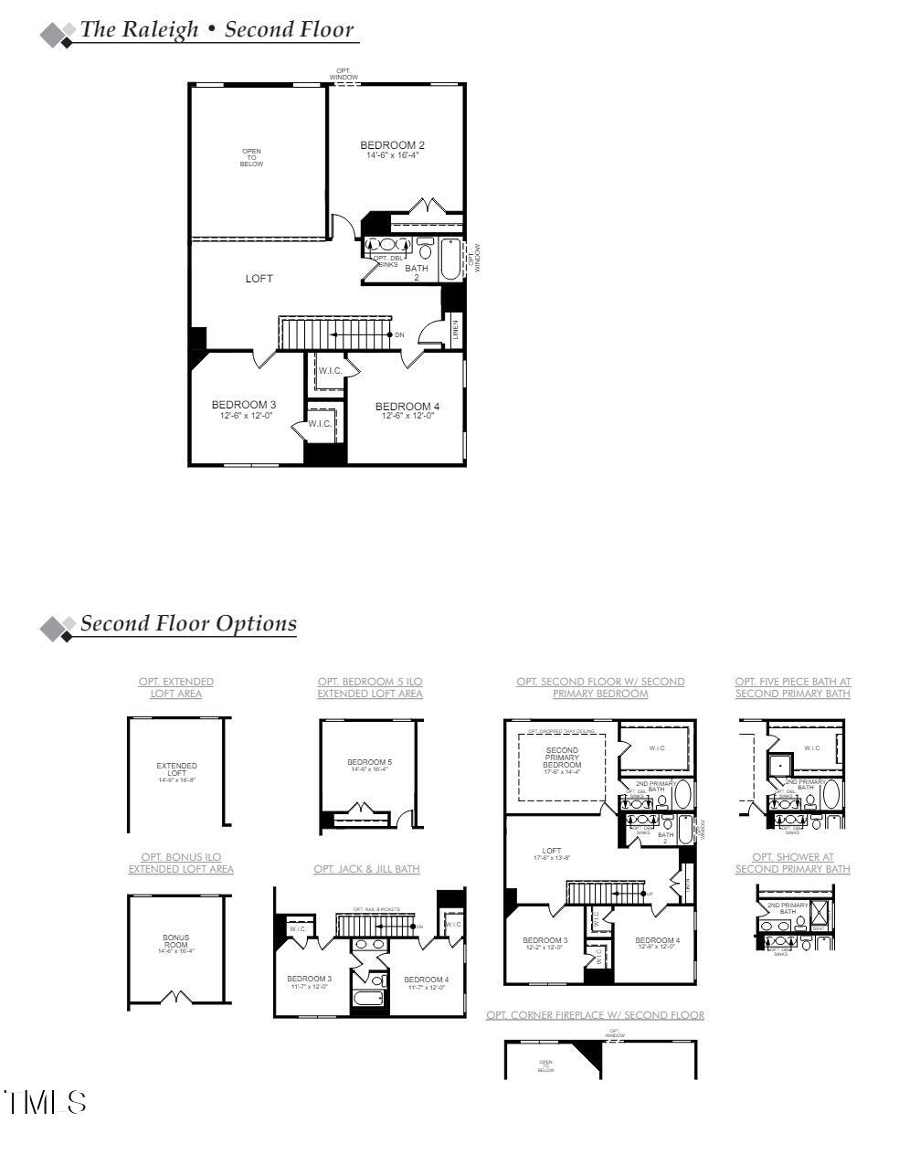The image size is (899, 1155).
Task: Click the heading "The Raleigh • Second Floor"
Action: coord(217,29)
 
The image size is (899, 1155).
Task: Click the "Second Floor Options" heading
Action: coord(188,624)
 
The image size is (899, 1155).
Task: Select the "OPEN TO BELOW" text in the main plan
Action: coord(251,158)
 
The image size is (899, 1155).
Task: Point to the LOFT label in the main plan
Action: coord(259,279)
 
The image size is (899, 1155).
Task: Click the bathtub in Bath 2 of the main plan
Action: coord(451,260)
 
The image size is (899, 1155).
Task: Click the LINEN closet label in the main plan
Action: coord(455,330)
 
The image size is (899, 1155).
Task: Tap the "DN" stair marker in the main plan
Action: coord(399,335)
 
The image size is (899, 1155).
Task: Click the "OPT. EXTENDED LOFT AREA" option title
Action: coord(176,688)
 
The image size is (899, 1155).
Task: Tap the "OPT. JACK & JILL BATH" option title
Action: coord(366,869)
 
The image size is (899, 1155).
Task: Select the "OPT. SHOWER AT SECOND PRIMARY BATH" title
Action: coord(792,864)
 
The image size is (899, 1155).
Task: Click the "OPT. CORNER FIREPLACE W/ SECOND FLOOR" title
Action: coord(595,1015)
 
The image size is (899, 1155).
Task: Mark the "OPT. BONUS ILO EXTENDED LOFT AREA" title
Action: coord(181,864)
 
